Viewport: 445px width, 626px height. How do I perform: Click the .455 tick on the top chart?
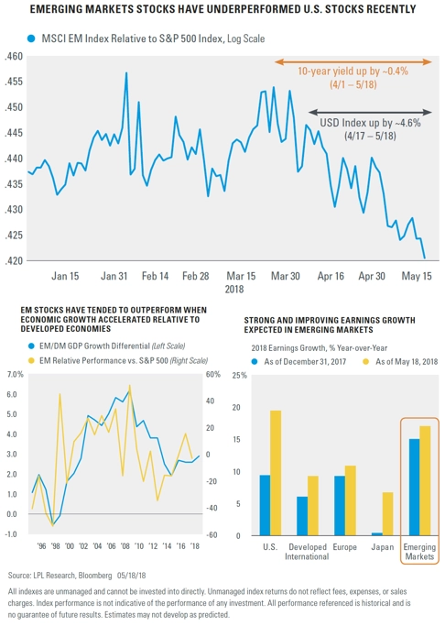(14, 82)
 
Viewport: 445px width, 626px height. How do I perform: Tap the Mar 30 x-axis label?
(286, 276)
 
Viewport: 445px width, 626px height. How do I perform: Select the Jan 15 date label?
(65, 276)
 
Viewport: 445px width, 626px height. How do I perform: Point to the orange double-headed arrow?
(353, 62)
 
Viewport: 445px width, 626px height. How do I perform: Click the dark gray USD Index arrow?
(370, 112)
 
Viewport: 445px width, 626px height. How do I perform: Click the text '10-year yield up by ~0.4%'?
(353, 71)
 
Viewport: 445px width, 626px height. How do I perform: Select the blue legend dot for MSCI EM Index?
(31, 38)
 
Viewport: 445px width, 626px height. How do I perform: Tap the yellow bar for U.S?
(276, 473)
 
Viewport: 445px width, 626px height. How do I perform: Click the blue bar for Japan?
(377, 534)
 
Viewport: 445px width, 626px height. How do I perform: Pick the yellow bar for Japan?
(388, 514)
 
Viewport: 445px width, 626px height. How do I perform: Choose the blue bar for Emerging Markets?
(414, 488)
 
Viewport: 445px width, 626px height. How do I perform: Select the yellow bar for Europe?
(351, 500)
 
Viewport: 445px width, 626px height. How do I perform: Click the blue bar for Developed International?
(302, 516)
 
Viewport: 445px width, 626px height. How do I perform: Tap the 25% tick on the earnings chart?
(239, 375)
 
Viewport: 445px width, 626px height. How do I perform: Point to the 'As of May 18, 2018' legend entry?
(400, 362)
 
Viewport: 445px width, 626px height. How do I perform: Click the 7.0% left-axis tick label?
(16, 375)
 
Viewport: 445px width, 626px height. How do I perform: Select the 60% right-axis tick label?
(213, 375)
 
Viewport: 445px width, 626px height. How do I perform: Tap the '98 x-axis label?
(55, 546)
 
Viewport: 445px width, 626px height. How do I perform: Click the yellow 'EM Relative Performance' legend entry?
(118, 361)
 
